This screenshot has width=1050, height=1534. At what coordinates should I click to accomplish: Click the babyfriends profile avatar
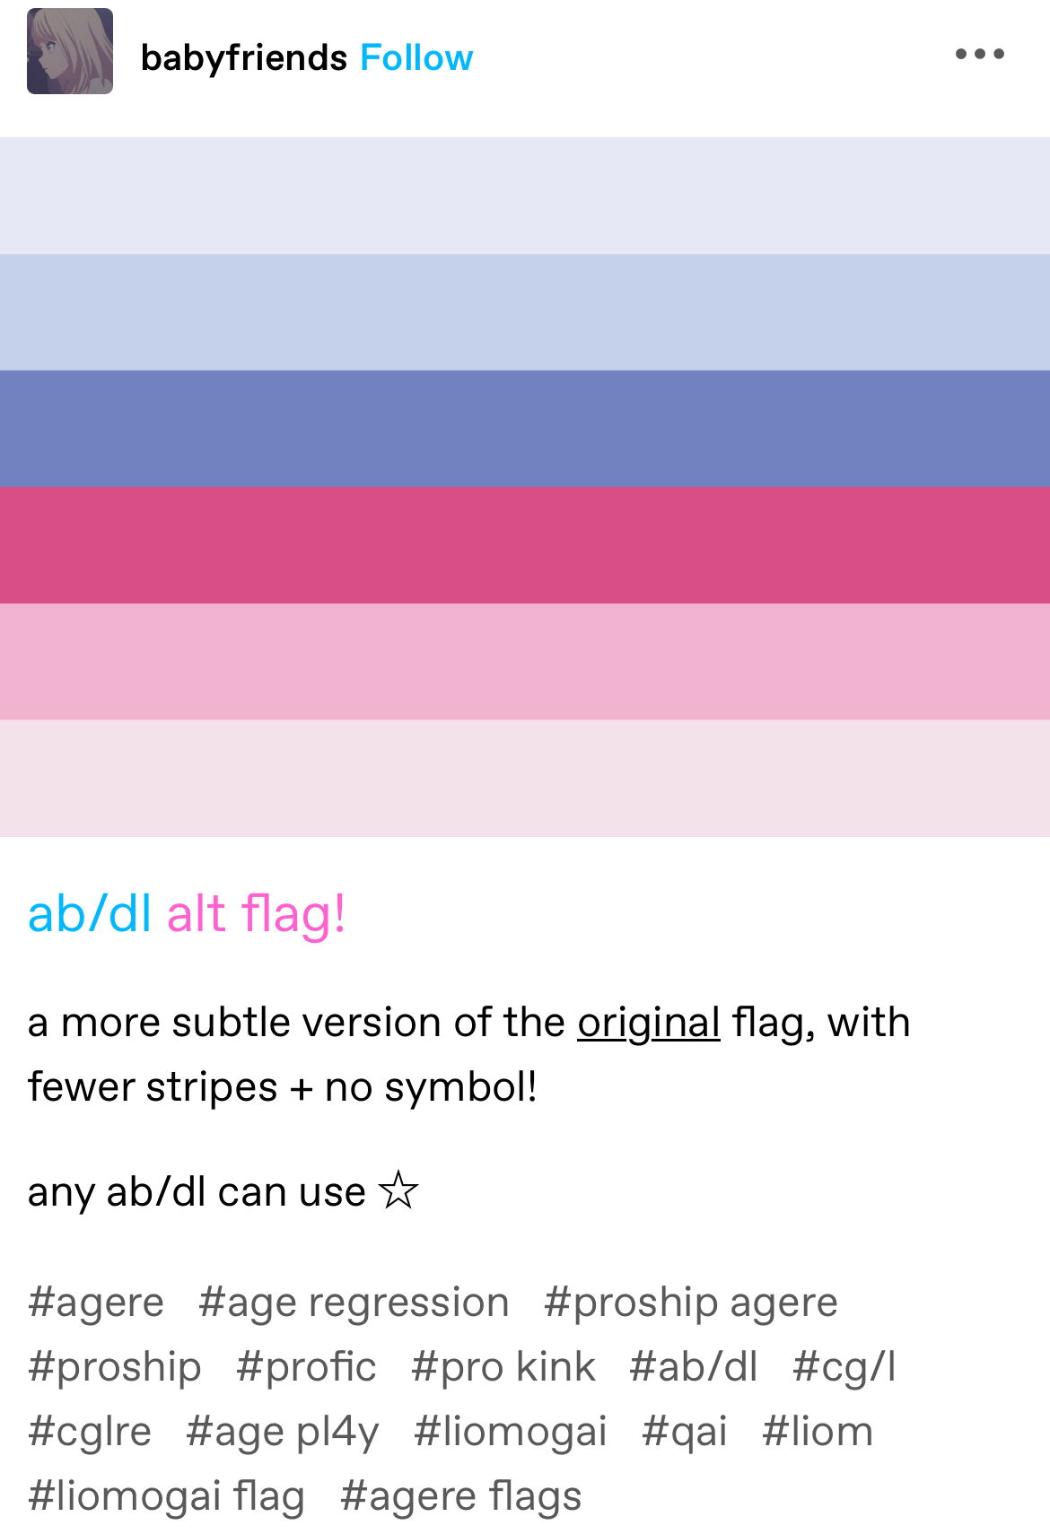[70, 51]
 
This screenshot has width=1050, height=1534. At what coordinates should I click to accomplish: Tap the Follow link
[416, 57]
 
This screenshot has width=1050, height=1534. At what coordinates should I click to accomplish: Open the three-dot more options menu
[979, 54]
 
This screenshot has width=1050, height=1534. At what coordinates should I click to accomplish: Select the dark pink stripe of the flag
[525, 545]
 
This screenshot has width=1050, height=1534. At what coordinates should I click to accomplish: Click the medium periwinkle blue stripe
[525, 429]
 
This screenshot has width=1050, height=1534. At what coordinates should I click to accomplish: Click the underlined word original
[648, 1024]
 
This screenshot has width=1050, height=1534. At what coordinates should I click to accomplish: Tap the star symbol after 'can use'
[398, 1190]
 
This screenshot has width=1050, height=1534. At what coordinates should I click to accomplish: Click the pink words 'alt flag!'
[256, 914]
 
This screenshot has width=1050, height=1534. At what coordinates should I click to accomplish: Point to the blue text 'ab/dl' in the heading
[89, 914]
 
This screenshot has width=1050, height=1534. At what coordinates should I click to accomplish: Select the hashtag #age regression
[354, 1303]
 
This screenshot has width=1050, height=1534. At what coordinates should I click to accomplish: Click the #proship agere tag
[691, 1303]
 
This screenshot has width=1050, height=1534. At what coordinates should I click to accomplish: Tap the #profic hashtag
[306, 1367]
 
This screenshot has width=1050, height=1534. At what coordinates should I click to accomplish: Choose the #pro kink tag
[503, 1367]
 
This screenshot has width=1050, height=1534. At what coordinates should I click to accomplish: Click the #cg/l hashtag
[844, 1367]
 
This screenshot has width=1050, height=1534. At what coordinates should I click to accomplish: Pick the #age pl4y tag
[282, 1431]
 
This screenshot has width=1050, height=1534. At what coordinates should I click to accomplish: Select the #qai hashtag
[684, 1431]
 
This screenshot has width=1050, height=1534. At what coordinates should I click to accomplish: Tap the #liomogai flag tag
[166, 1495]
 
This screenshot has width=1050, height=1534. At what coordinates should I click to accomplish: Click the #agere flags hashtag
[461, 1495]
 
